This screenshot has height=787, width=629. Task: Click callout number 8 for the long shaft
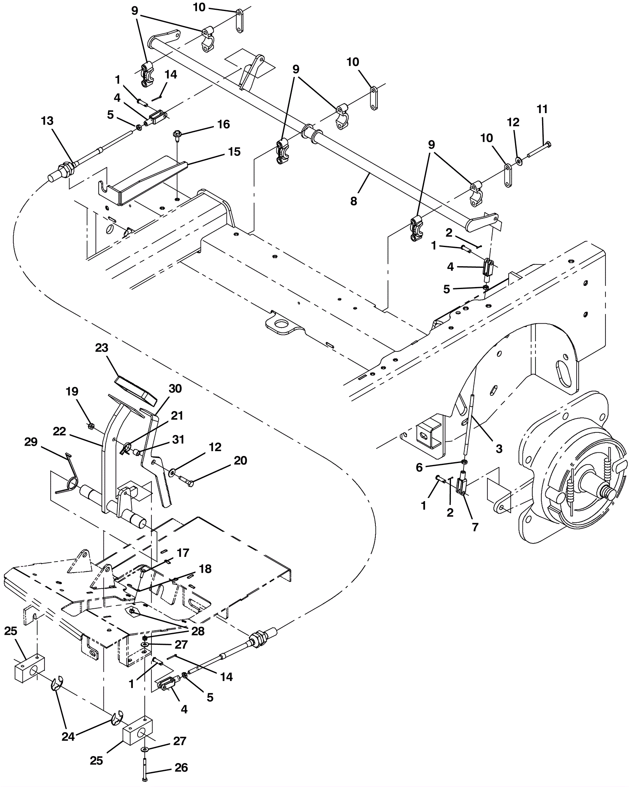click(x=353, y=201)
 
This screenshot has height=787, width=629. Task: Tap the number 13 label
click(x=47, y=121)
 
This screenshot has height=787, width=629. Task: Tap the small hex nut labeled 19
click(x=90, y=425)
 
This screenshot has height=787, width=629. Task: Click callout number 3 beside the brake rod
click(x=499, y=448)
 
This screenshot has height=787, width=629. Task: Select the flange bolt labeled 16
click(x=178, y=135)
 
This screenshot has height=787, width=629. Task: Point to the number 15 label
click(x=234, y=152)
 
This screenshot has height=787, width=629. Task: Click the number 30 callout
click(x=175, y=388)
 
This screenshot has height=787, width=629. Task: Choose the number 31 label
click(x=178, y=439)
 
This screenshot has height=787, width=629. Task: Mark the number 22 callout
click(x=59, y=431)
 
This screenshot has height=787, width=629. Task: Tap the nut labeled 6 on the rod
click(x=464, y=461)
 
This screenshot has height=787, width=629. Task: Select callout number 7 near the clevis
click(x=475, y=527)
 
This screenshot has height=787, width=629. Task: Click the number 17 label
click(x=182, y=553)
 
